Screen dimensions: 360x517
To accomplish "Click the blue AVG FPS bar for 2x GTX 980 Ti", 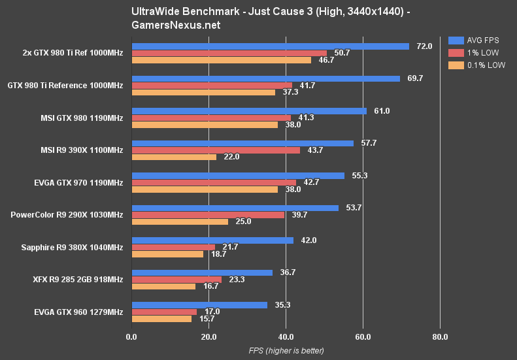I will [270, 46].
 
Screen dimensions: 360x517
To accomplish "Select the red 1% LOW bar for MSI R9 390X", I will [216, 150].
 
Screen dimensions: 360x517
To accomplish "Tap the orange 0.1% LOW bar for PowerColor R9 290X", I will [180, 221].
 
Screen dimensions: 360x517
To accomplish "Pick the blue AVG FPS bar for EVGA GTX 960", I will [199, 304].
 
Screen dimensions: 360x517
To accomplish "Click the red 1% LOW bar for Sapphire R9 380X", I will [173, 247].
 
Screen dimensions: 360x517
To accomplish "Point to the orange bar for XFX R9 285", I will [163, 286].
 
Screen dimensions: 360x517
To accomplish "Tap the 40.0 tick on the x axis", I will [286, 337].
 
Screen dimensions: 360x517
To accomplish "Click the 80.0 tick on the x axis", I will [440, 337].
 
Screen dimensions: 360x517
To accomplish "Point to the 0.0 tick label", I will [131, 337].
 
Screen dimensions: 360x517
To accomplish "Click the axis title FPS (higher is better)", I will [286, 351].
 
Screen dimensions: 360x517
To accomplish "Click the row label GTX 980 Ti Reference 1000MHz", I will [65, 86].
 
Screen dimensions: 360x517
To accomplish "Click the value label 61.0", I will [382, 111].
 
